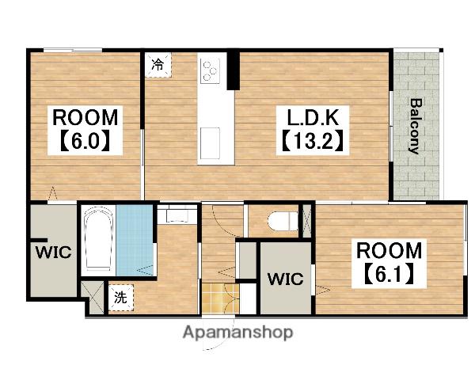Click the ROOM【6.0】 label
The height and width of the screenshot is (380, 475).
(x=85, y=131)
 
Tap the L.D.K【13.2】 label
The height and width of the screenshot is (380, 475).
(x=313, y=131)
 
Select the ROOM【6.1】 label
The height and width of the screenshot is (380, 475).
(x=389, y=264)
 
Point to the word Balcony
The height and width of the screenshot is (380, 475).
(x=416, y=126)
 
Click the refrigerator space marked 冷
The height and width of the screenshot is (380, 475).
(x=158, y=65)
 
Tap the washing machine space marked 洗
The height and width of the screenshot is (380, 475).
(x=120, y=298)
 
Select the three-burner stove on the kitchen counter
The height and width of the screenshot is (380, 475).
(x=210, y=72)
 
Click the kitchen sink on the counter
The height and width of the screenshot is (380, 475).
(x=210, y=142)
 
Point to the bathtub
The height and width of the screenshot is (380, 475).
(x=98, y=239)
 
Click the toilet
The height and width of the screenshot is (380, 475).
(x=283, y=221)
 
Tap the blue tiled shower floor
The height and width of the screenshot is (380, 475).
(x=135, y=241)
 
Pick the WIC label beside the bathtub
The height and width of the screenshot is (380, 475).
(x=53, y=252)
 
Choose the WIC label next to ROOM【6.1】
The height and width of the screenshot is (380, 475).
(x=285, y=279)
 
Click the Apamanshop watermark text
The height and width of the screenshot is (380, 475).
(x=238, y=332)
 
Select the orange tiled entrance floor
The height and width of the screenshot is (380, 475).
(x=221, y=298)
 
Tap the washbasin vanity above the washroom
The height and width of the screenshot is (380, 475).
(x=177, y=214)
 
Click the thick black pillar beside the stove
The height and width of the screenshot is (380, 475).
(x=234, y=70)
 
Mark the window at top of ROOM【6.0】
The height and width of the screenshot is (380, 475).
(x=73, y=51)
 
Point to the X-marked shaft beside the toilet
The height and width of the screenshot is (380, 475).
(x=307, y=221)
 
